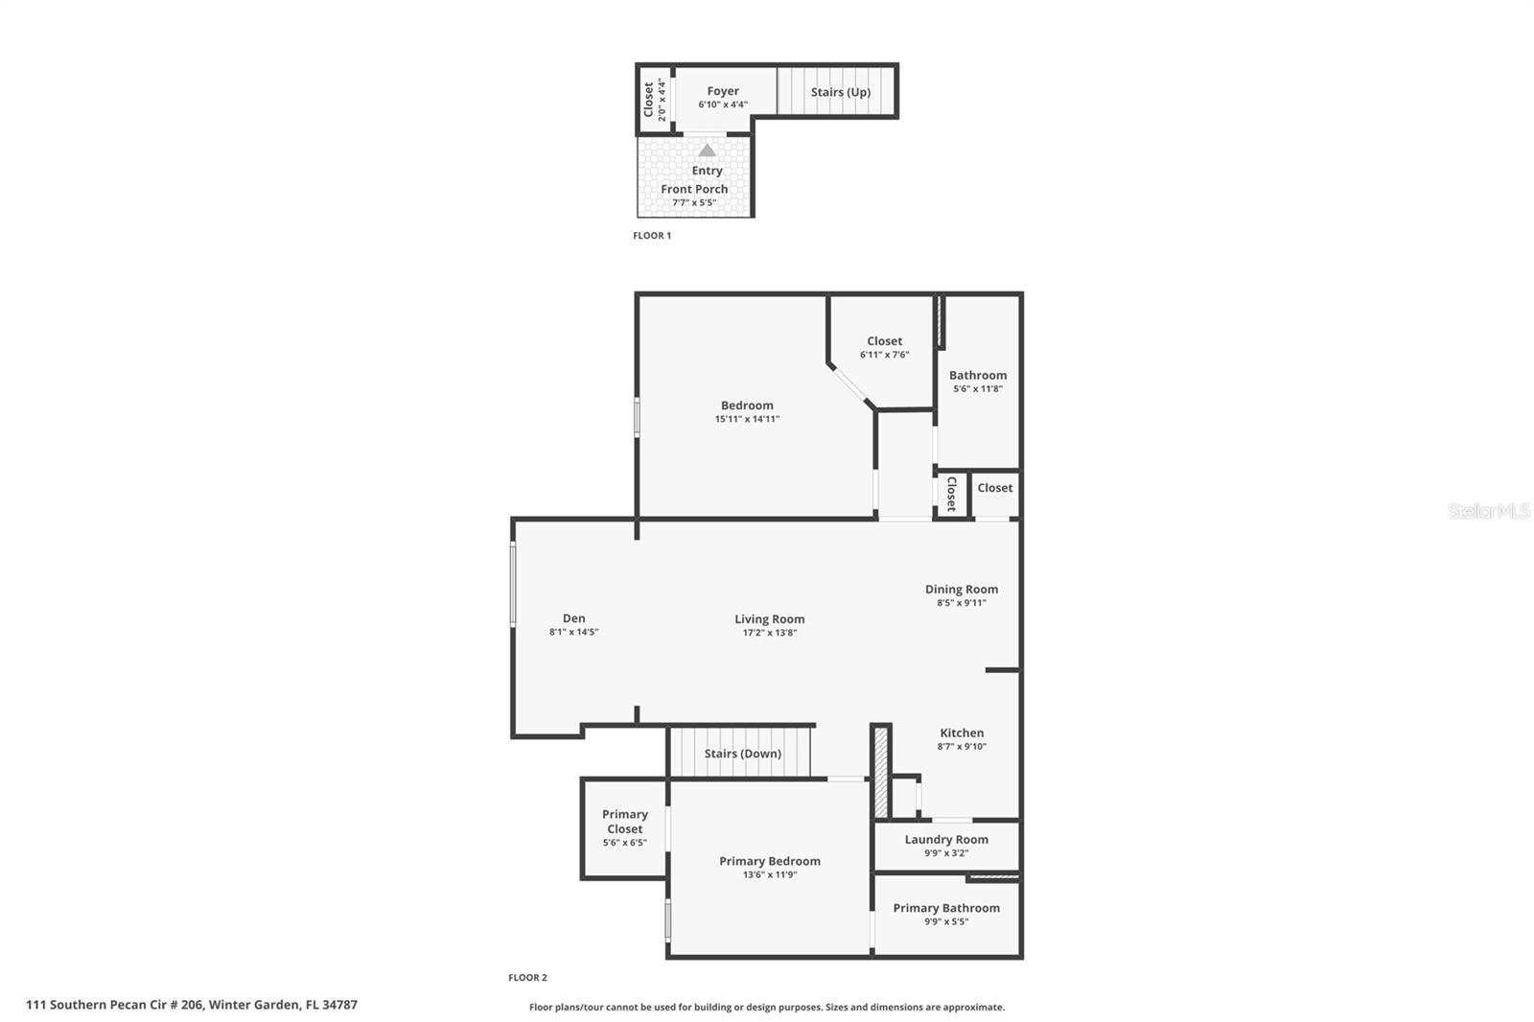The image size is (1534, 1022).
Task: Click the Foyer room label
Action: coord(723,91)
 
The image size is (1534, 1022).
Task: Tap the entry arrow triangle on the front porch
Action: coord(707,151)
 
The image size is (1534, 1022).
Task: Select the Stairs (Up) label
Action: coord(840,92)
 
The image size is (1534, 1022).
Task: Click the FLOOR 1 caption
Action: coord(652,236)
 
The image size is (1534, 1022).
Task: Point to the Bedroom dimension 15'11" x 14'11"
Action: coord(747,419)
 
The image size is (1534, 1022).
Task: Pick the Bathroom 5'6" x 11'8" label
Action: coord(978,376)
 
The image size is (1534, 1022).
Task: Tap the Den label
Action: coord(573,618)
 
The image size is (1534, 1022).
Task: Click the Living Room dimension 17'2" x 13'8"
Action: coord(770,633)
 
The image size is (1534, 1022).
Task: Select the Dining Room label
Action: coord(962,590)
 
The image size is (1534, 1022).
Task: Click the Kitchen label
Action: coord(962,733)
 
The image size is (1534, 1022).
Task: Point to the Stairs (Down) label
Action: coord(743,754)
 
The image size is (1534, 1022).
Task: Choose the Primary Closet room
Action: coord(625,823)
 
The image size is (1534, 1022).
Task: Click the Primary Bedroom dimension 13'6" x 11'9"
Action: coord(770,874)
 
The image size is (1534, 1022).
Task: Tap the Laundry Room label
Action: coord(946,840)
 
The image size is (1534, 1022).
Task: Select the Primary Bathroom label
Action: coord(946,908)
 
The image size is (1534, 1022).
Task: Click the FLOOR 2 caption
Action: coord(527,978)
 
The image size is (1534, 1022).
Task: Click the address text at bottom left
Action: coord(192,1005)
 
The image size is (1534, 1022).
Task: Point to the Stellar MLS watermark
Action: coord(1488,511)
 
